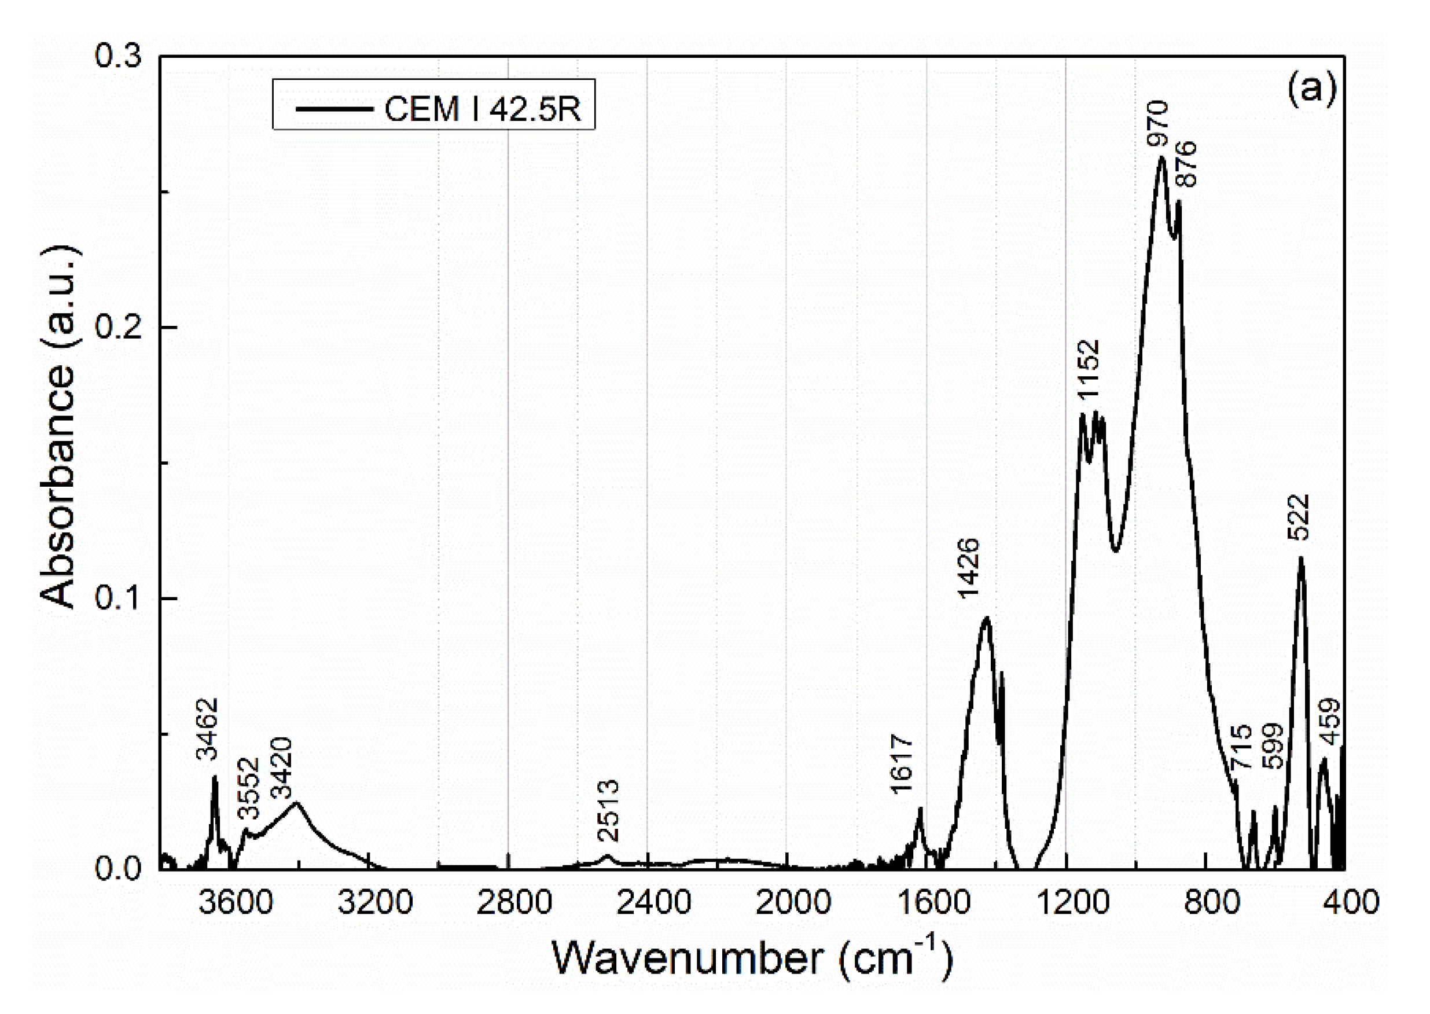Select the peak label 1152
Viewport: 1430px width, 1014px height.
coord(1089,369)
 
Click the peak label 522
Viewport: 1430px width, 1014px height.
coord(1298,517)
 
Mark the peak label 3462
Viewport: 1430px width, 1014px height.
coord(207,729)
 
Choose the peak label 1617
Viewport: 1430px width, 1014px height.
coord(902,764)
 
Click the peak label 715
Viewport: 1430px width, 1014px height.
coord(1241,747)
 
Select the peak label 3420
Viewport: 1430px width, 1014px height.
coord(282,768)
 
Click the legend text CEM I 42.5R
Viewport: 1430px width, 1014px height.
coord(482,109)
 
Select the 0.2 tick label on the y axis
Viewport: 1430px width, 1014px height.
coord(118,326)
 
